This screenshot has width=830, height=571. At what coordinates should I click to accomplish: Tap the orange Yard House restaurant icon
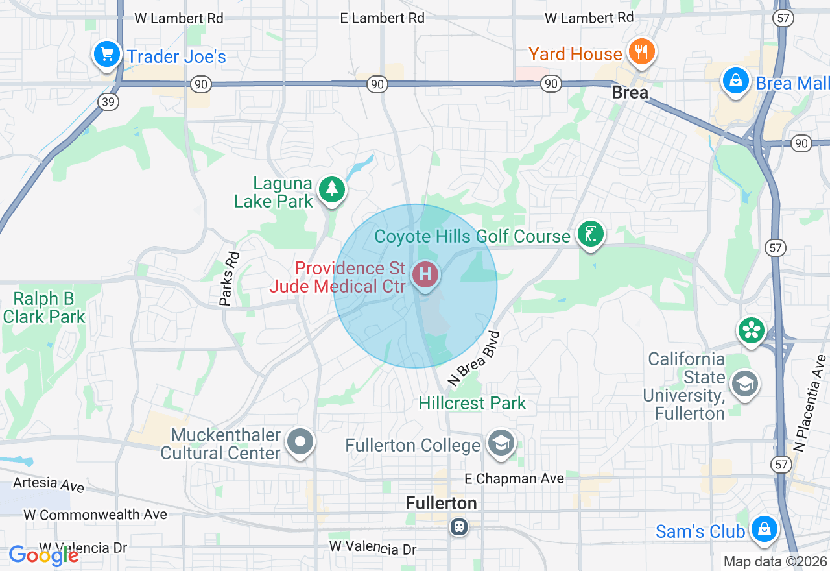(x=641, y=52)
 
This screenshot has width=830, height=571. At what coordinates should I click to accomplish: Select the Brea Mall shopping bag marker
(x=736, y=82)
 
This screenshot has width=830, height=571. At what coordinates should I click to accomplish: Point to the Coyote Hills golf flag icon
(x=590, y=234)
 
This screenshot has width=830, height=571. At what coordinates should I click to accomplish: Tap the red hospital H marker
(x=425, y=275)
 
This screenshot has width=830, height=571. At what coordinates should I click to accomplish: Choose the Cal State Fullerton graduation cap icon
(x=746, y=384)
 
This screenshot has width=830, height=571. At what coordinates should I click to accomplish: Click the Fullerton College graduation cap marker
(x=501, y=444)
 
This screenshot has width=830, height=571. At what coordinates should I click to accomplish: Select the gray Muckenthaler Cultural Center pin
(x=300, y=443)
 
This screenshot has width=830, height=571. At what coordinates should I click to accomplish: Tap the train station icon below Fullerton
(x=459, y=526)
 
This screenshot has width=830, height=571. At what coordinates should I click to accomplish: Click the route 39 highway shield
(x=108, y=101)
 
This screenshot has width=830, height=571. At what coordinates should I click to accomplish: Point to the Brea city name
(x=630, y=93)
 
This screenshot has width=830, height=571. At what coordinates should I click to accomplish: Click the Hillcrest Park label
(x=472, y=403)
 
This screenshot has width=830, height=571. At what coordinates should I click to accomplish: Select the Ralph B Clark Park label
(x=44, y=308)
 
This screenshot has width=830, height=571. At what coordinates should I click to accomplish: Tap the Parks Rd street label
(x=229, y=278)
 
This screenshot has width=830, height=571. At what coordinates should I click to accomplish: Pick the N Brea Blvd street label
(x=476, y=359)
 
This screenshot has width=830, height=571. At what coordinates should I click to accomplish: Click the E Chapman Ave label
(x=514, y=479)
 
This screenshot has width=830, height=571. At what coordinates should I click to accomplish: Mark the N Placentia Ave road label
(x=810, y=403)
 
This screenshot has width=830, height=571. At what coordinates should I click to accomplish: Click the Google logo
(x=43, y=555)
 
